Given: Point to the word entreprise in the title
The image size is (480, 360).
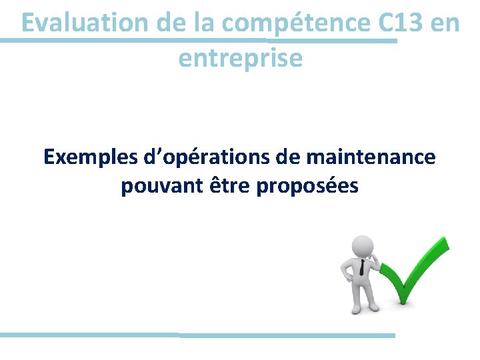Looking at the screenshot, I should (240, 59).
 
